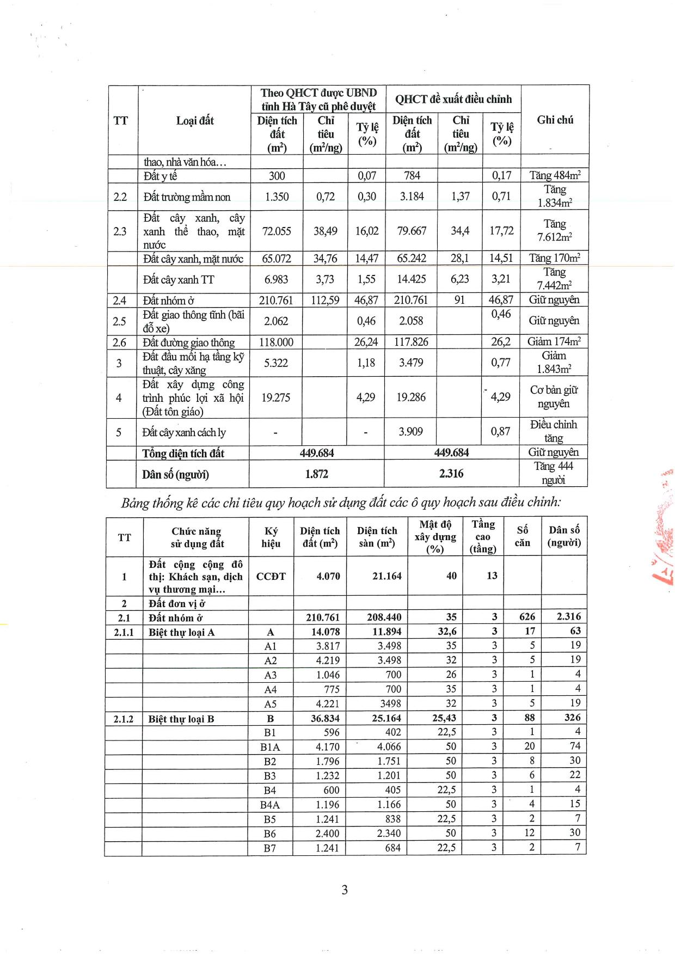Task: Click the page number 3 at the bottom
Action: click(x=344, y=890)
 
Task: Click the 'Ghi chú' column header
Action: click(x=555, y=120)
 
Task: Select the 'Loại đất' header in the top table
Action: click(x=195, y=120)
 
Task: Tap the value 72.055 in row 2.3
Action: click(x=277, y=231)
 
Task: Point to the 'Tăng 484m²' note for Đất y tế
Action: click(x=555, y=175)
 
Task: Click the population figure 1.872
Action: click(x=316, y=474)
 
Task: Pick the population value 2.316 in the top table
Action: click(x=451, y=474)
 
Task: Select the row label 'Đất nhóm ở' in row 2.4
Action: click(x=169, y=300)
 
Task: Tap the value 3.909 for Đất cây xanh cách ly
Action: click(x=411, y=431)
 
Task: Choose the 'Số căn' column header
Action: click(x=522, y=536)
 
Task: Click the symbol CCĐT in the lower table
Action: click(x=271, y=576)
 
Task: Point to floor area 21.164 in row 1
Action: click(x=386, y=576)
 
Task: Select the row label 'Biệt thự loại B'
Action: click(x=181, y=719)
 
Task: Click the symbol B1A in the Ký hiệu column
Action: click(x=270, y=747)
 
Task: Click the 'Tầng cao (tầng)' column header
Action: click(x=483, y=536)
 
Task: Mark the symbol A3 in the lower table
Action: click(x=270, y=675)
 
